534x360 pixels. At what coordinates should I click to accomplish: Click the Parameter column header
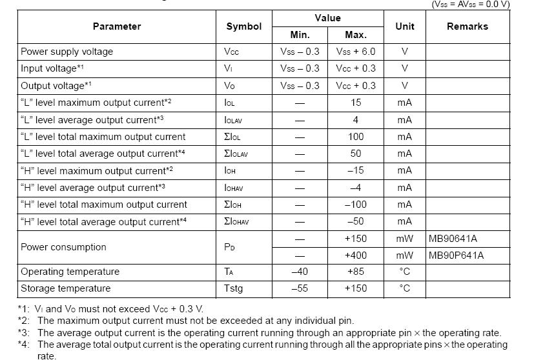coord(116,26)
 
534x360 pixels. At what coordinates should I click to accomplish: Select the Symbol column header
coord(243,26)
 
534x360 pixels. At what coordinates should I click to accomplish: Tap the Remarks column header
coord(467,26)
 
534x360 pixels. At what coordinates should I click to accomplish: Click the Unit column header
coord(405,26)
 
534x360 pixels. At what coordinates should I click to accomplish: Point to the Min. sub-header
coord(300,35)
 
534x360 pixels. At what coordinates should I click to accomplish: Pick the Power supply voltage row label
coord(67,52)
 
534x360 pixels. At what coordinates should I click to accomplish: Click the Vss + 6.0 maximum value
coord(356,52)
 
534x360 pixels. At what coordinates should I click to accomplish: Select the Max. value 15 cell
coord(356,103)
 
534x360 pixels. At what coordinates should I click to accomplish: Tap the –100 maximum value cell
coord(356,205)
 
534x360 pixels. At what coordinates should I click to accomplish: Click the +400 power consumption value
coord(356,255)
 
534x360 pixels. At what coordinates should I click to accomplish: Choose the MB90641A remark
coord(453,238)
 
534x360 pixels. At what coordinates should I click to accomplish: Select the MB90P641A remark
coord(456,255)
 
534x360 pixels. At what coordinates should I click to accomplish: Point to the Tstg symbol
coord(233,288)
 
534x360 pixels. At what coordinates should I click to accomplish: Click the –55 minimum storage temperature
coord(300,288)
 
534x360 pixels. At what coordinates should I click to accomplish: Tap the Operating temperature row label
coord(70,272)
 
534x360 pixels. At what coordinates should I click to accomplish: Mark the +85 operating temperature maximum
coord(356,272)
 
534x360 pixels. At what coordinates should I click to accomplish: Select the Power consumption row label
coord(63,247)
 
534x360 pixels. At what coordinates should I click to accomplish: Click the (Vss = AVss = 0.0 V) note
coord(470,4)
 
